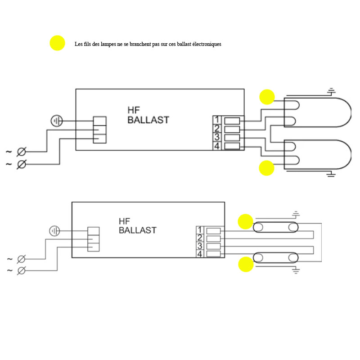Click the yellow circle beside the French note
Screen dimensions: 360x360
[57, 43]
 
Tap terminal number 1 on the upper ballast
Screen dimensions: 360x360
[216, 120]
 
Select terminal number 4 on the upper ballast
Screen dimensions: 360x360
[216, 146]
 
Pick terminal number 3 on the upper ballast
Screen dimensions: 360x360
[216, 137]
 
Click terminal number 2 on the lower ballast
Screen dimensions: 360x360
[200, 238]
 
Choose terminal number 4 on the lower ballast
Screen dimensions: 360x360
[200, 254]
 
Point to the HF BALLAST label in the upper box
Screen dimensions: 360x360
[148, 115]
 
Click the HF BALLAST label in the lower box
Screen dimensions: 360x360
[137, 226]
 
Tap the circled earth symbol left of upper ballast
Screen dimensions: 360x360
[57, 121]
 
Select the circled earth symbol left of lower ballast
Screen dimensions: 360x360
[54, 231]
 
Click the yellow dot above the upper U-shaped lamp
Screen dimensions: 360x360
[267, 97]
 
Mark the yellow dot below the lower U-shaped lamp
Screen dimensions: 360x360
[266, 168]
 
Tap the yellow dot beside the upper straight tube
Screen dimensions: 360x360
[246, 221]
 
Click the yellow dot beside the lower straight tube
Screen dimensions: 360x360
[246, 264]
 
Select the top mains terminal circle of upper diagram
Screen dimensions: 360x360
[21, 152]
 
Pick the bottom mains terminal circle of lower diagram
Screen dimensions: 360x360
[21, 270]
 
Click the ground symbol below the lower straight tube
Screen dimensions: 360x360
[296, 270]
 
